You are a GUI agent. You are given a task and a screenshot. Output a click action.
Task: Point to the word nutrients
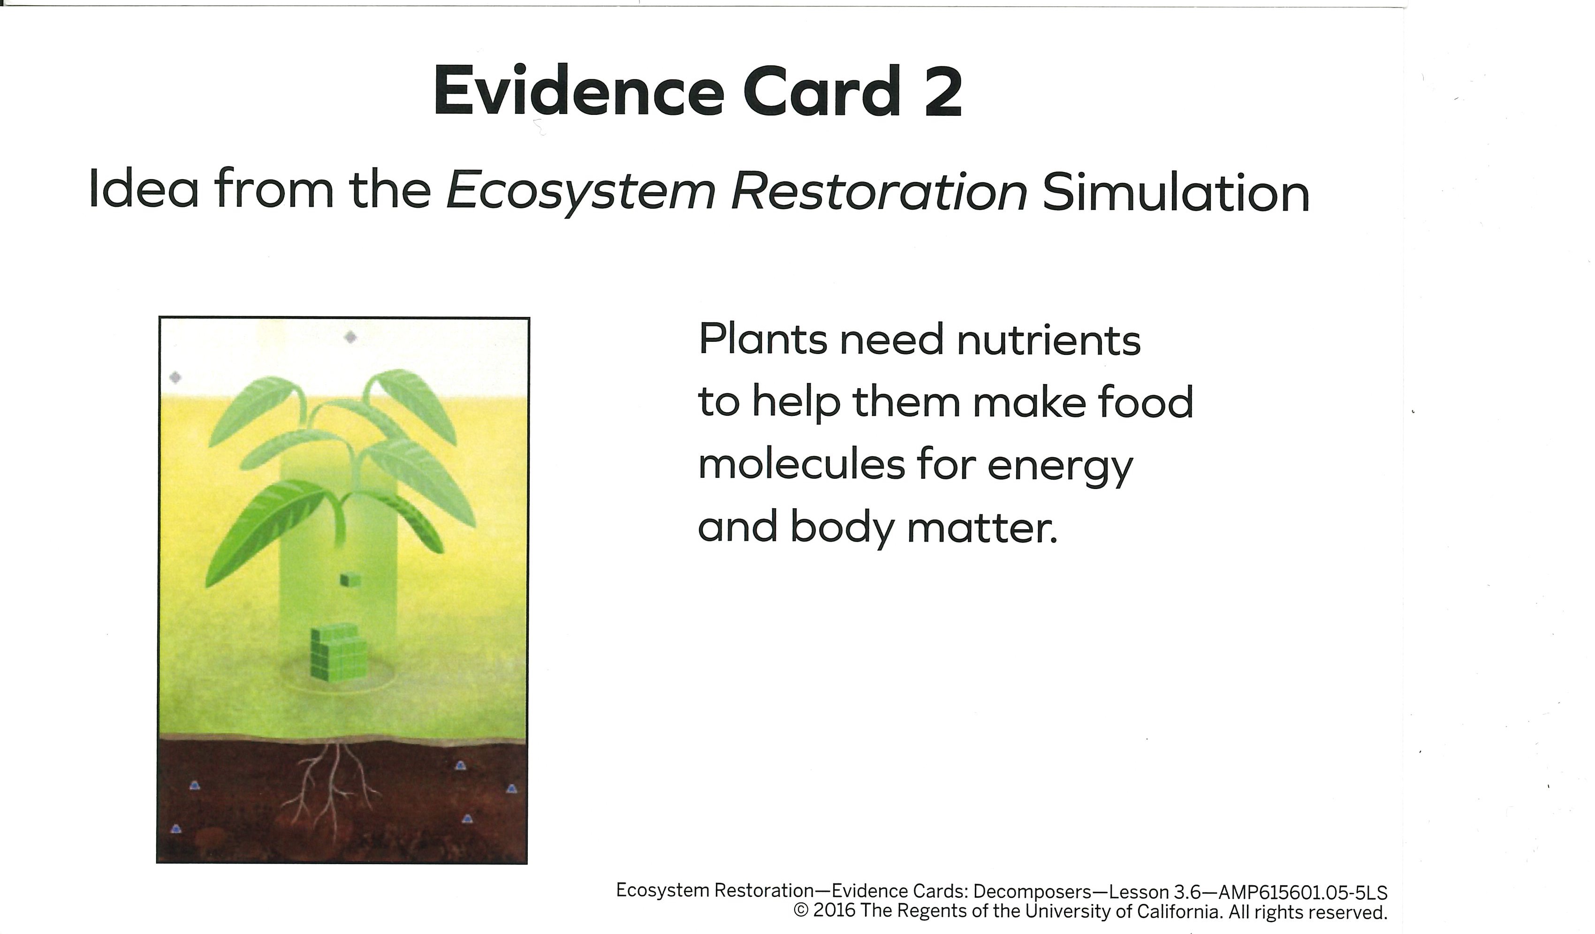coord(1049,340)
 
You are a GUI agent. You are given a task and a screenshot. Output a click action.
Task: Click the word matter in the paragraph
coord(982,529)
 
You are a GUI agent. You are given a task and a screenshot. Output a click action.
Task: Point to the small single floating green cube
coord(350,579)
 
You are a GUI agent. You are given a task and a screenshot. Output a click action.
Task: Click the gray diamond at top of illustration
coord(350,337)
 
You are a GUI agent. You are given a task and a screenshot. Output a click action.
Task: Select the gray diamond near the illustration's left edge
coord(175,378)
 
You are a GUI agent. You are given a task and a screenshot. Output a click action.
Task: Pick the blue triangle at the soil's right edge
coord(511,789)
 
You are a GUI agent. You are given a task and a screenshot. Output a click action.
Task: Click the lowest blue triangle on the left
coord(176,829)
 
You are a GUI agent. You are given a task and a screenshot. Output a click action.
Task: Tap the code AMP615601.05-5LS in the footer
coord(1303,893)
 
